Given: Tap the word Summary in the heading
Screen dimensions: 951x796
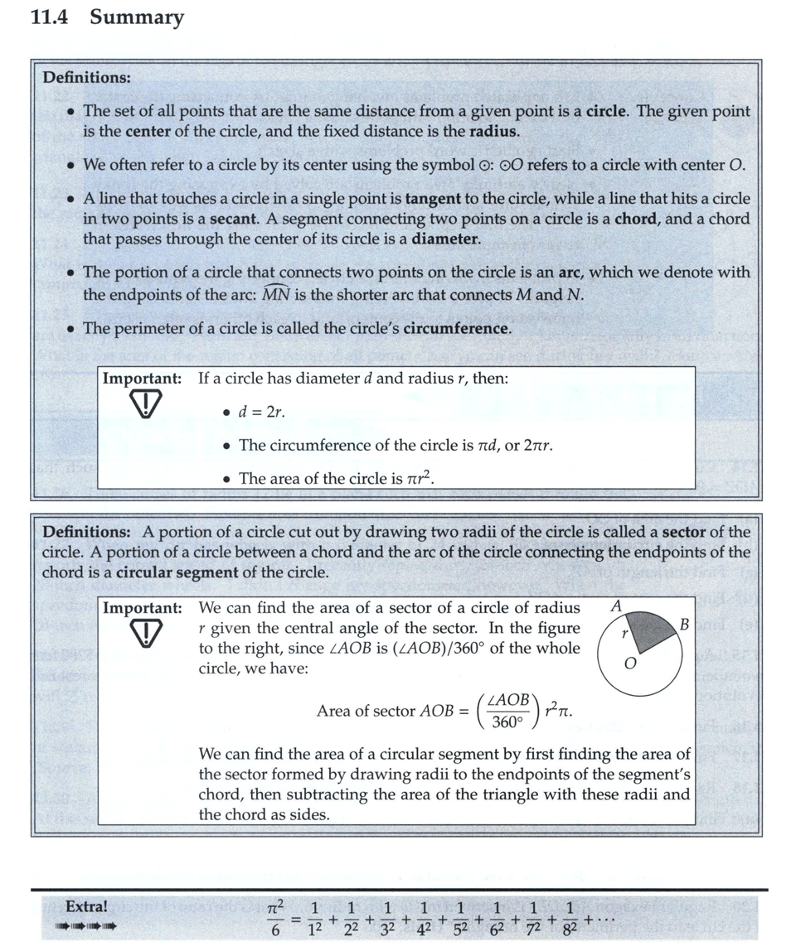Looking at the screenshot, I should pyautogui.click(x=137, y=17).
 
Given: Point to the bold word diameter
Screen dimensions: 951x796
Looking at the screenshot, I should pyautogui.click(x=445, y=239).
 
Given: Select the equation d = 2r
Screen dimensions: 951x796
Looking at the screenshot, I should pyautogui.click(x=261, y=412).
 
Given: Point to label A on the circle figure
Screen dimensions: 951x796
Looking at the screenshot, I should pyautogui.click(x=616, y=606).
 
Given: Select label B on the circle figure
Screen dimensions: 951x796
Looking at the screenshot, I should pyautogui.click(x=685, y=623).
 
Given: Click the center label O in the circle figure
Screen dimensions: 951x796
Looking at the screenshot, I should pyautogui.click(x=629, y=664).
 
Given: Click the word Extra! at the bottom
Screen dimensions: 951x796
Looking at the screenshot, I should pyautogui.click(x=86, y=906).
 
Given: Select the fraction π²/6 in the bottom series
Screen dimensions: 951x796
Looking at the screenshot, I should pyautogui.click(x=277, y=917).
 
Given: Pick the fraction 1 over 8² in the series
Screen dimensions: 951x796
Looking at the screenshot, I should pyautogui.click(x=569, y=917).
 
